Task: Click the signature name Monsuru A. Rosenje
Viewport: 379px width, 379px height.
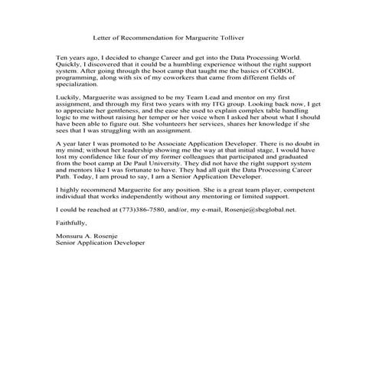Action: (90, 237)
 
